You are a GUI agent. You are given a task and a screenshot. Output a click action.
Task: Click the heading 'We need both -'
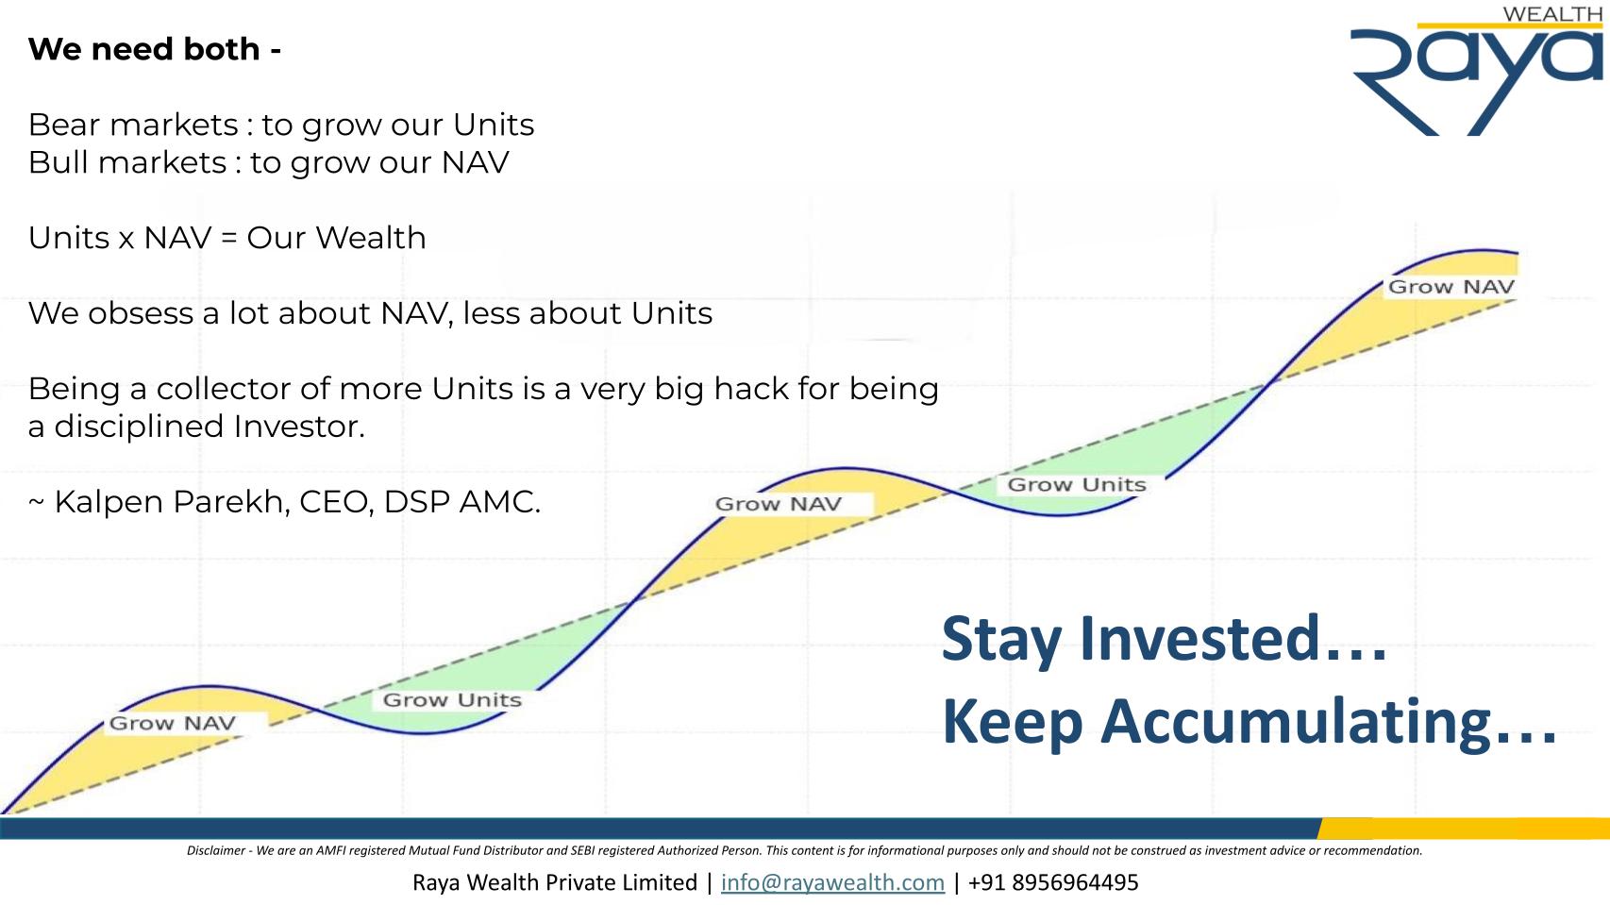(x=155, y=49)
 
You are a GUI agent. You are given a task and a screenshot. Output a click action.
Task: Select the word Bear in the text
(x=61, y=126)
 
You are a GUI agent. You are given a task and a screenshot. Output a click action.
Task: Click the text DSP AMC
(x=461, y=502)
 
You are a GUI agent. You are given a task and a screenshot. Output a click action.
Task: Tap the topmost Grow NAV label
(x=1451, y=287)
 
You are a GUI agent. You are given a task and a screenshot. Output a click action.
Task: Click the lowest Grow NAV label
(x=172, y=723)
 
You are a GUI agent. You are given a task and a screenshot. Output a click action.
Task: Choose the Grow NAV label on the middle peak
(x=778, y=504)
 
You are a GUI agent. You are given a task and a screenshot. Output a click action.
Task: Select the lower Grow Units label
(x=452, y=700)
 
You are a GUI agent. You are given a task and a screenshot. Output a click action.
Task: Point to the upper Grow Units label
(x=1077, y=485)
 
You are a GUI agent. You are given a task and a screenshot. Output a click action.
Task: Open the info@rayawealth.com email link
(x=832, y=882)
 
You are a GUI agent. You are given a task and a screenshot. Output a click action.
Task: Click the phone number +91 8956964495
(x=1053, y=882)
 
